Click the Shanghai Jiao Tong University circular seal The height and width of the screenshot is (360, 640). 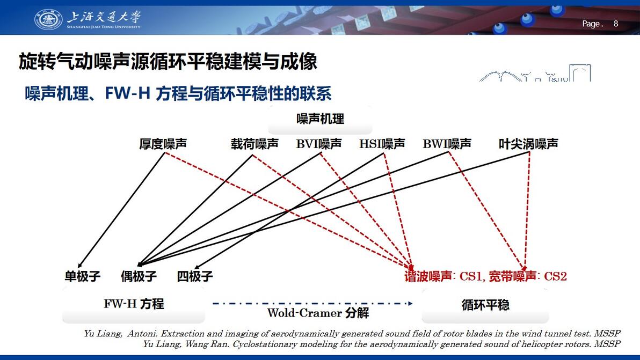(48, 19)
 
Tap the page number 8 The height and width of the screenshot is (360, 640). (616, 24)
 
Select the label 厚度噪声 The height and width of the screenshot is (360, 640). (163, 143)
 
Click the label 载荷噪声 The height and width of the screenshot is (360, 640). (254, 143)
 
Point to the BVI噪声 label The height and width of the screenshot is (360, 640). (319, 143)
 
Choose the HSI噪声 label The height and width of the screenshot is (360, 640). (382, 143)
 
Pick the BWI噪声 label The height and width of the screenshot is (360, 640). (447, 143)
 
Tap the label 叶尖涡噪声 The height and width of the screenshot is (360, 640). (528, 143)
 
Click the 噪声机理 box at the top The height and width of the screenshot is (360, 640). (321, 119)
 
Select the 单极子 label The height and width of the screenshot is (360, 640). (83, 276)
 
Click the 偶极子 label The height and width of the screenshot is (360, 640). (139, 276)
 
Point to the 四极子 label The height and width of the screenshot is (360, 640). (195, 276)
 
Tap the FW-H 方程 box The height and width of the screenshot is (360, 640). (134, 304)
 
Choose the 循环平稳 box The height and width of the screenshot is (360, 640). (485, 305)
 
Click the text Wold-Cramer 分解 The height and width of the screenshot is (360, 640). (318, 313)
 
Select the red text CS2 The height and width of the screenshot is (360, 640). (556, 276)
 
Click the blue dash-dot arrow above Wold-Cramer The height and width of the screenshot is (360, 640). (312, 303)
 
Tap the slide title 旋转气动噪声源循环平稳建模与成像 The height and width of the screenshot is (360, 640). (168, 62)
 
